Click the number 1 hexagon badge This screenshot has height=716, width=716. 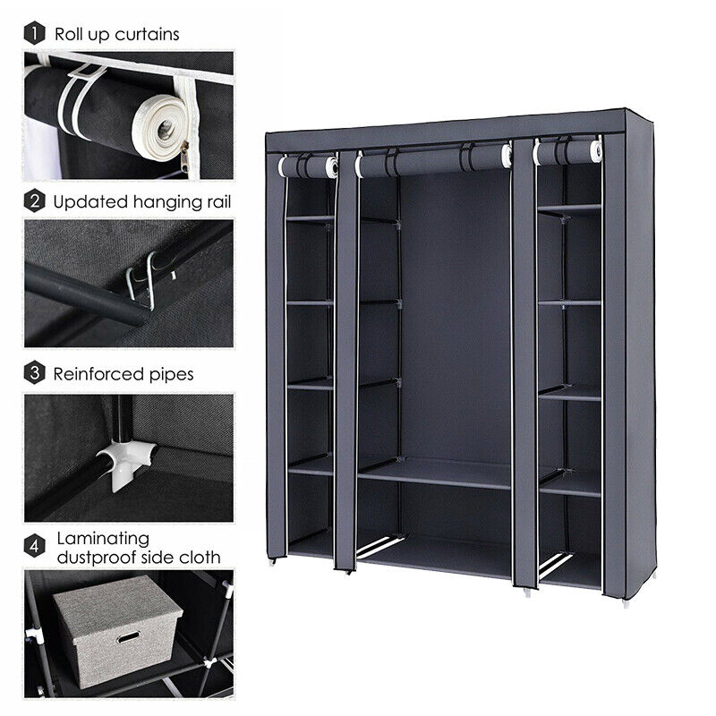34,33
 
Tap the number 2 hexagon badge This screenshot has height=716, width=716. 34,201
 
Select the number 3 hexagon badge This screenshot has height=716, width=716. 34,373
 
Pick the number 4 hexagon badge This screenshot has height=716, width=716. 34,546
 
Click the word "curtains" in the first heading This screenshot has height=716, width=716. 147,35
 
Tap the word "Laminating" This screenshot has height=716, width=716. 103,540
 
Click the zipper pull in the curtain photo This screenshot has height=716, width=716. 184,154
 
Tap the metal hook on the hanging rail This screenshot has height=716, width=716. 142,281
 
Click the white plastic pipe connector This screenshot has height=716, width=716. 125,461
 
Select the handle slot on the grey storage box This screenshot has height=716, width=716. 129,637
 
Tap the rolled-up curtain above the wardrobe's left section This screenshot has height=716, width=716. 308,166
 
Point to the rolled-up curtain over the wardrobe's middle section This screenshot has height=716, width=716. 434,160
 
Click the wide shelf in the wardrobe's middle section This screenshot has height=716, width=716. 434,473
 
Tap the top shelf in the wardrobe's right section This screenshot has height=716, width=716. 569,209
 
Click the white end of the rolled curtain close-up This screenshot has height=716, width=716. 161,129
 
